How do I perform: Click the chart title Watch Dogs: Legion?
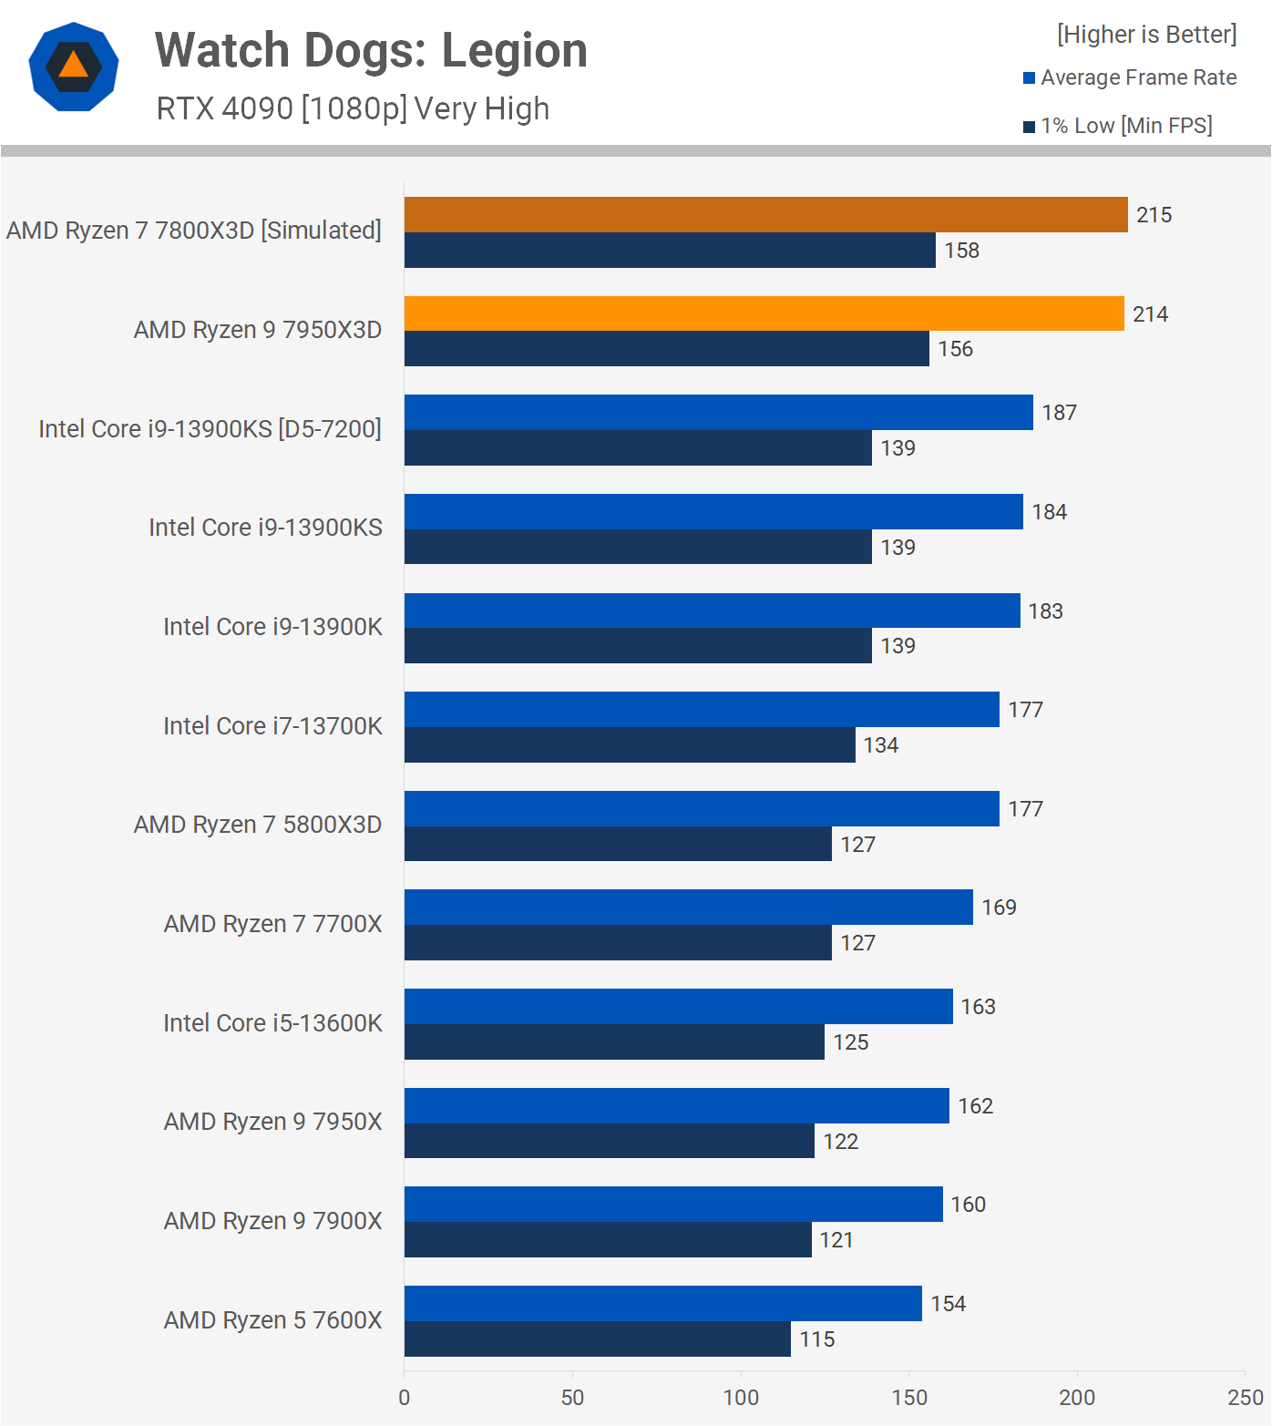371,51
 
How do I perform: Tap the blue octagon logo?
74,67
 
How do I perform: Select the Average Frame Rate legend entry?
1130,77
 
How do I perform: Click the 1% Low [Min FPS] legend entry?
1118,126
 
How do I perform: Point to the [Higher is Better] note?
1146,35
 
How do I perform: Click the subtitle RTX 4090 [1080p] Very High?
353,108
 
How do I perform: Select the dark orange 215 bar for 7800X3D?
765,215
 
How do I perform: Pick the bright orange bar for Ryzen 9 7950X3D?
764,313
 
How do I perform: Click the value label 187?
1060,413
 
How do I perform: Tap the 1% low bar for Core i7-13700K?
630,745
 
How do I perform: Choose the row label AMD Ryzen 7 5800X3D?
258,825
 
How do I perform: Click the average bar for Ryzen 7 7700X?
688,908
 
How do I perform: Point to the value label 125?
851,1042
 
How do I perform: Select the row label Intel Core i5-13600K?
272,1023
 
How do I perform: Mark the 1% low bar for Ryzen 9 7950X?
609,1141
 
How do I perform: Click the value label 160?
969,1205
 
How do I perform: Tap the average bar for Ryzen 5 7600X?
662,1304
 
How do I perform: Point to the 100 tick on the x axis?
741,1398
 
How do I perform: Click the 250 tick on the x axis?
1246,1398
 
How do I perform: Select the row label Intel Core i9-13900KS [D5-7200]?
210,429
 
